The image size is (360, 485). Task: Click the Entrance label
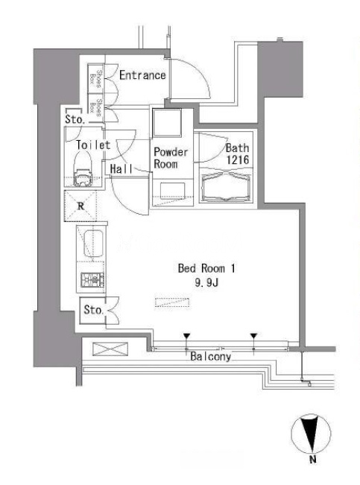tap(142, 75)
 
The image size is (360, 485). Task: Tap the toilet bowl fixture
tap(82, 170)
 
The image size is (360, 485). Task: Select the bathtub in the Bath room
tap(226, 186)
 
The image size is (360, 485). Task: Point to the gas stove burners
tap(92, 280)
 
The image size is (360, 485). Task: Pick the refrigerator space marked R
tap(80, 206)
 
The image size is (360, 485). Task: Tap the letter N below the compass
tap(313, 460)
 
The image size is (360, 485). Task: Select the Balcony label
tap(210, 357)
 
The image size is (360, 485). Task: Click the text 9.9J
tap(206, 282)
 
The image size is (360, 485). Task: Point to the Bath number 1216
tap(238, 159)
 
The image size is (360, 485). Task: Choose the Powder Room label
tap(171, 158)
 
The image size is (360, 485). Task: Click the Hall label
tap(121, 169)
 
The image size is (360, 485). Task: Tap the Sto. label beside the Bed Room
tap(93, 310)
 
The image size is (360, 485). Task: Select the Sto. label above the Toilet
tap(75, 119)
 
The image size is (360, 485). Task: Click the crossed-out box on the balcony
tap(110, 349)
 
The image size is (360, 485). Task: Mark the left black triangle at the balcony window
tap(186, 336)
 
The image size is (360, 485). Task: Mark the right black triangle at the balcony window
tap(254, 336)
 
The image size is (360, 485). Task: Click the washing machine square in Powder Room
tap(167, 123)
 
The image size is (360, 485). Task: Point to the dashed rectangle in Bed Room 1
tap(171, 302)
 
